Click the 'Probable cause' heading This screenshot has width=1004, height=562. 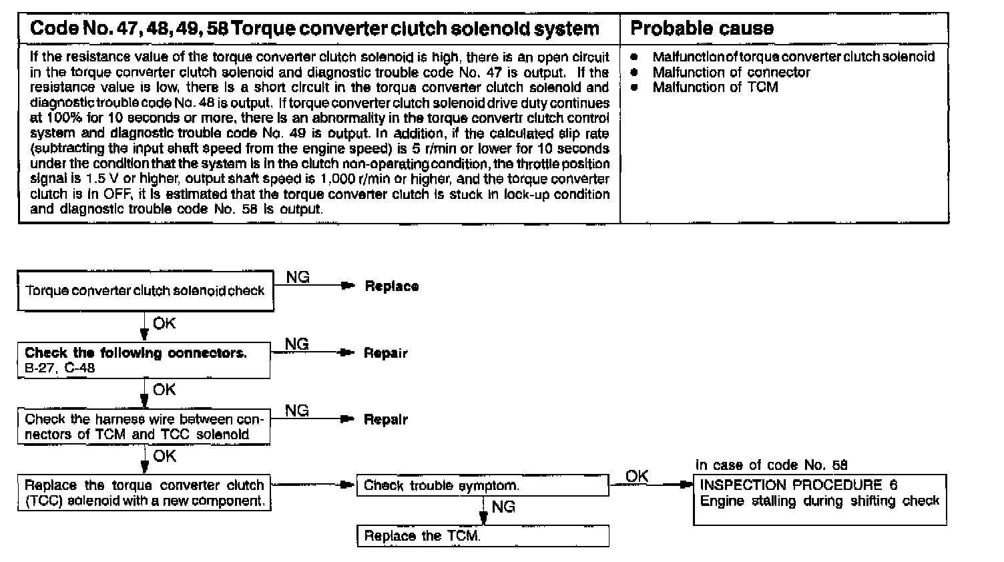click(702, 28)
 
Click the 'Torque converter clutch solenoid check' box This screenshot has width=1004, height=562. click(145, 291)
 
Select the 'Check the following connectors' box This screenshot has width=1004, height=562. click(144, 360)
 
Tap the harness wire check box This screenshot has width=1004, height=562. click(144, 427)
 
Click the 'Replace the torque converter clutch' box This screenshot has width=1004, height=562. click(144, 493)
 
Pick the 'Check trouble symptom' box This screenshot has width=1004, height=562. click(482, 486)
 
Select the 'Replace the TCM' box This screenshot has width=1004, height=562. click(482, 536)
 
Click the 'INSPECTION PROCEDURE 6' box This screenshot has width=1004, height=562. click(819, 499)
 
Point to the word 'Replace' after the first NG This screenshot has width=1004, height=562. click(392, 286)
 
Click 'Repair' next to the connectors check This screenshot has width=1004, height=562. click(385, 353)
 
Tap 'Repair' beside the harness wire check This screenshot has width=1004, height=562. click(385, 420)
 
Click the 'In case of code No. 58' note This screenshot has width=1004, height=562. click(771, 465)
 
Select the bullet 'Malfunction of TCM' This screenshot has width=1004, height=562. click(715, 87)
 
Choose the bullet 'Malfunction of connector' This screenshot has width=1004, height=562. click(731, 72)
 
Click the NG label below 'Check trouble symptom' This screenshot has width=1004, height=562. click(503, 507)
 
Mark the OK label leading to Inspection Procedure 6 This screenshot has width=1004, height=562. click(637, 476)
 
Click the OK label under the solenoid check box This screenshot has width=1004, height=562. click(164, 324)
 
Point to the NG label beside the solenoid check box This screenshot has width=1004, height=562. click(298, 278)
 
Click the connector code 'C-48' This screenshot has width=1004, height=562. click(80, 368)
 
